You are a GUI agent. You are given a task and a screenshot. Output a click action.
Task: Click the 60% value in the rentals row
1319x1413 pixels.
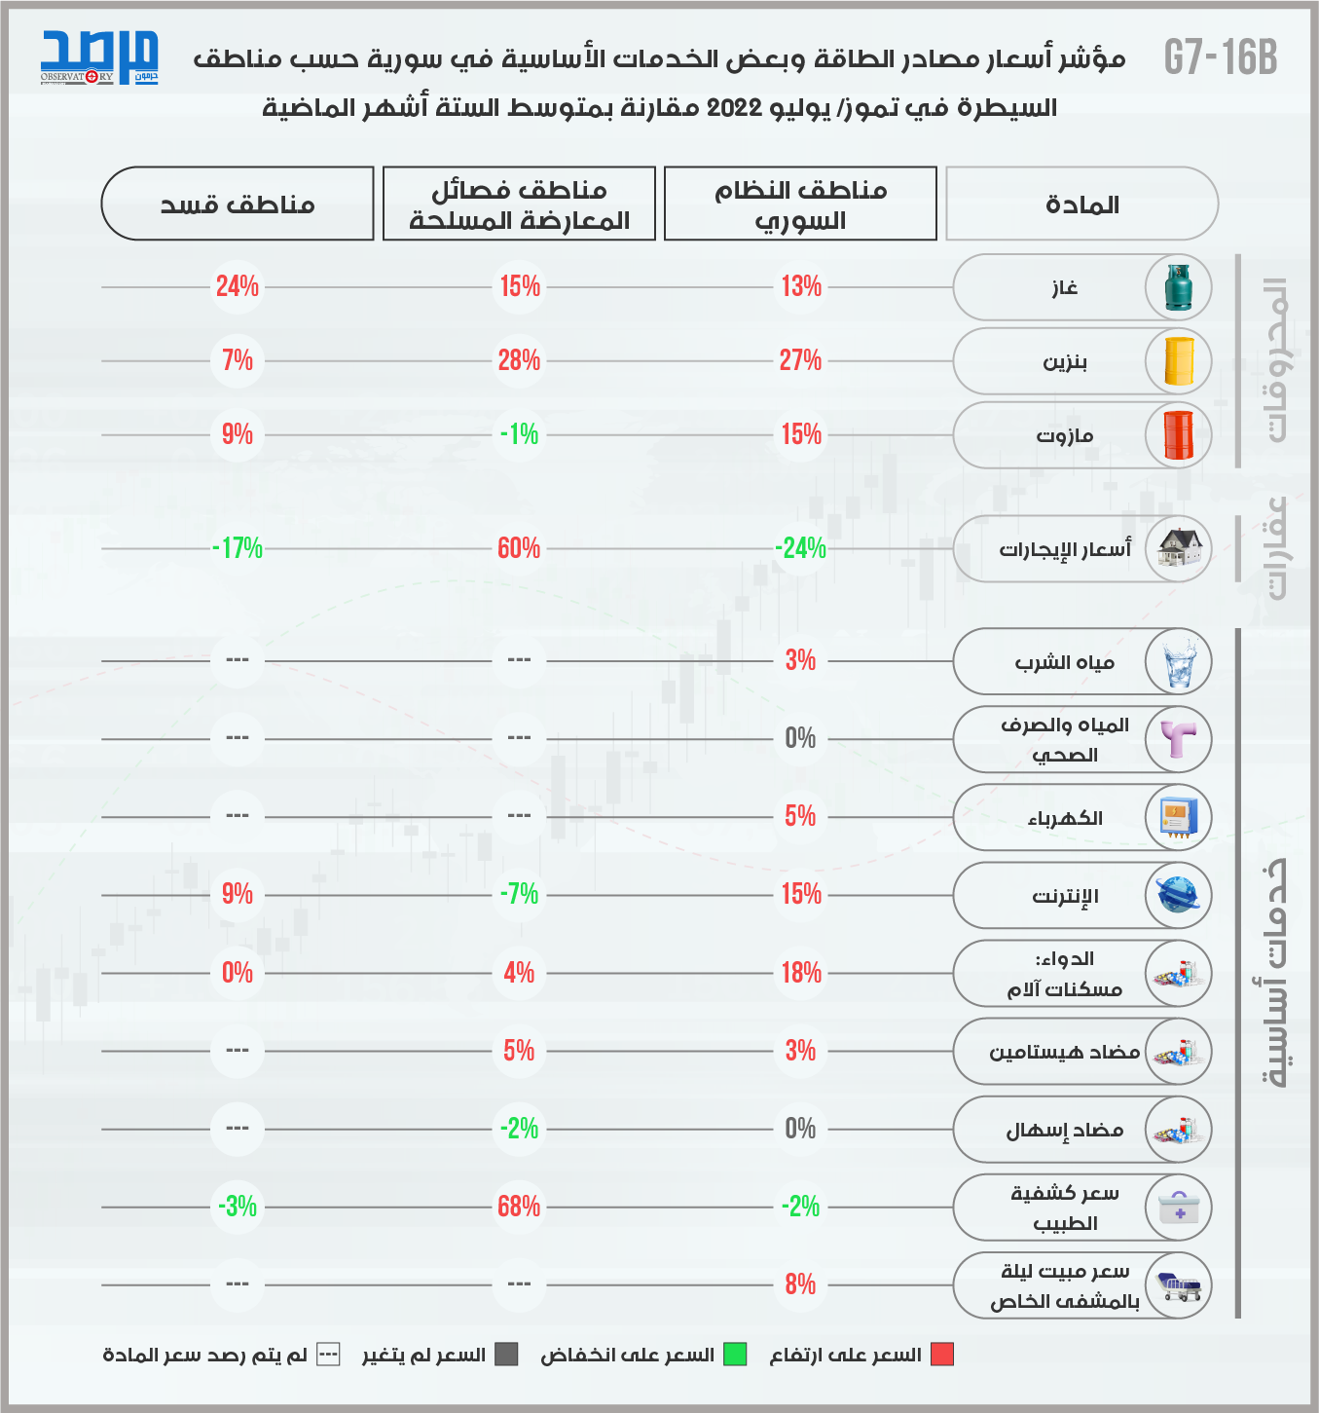click(519, 548)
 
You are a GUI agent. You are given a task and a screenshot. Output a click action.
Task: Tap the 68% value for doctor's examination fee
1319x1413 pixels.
click(519, 1207)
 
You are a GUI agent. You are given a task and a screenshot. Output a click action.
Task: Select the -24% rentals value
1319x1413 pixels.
click(800, 548)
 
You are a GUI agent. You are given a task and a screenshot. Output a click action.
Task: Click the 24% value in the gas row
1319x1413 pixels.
click(238, 286)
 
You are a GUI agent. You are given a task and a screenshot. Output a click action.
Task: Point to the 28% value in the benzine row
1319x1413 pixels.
click(519, 360)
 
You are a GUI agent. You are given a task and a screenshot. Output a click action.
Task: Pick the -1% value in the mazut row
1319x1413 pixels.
click(519, 434)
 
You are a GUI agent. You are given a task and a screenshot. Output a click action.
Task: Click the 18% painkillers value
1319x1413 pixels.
click(801, 973)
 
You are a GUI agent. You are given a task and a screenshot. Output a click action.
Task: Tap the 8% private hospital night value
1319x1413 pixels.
click(800, 1284)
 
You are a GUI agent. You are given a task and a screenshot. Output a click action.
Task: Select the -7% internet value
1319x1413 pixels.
click(519, 894)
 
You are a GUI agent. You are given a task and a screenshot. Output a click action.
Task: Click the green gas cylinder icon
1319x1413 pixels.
click(1179, 288)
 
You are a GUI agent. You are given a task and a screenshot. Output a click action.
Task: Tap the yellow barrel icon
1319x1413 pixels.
click(1179, 362)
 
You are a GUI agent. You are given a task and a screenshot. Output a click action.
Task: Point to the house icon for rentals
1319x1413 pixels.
click(1179, 549)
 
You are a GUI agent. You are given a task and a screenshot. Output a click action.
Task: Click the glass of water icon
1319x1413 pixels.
click(1179, 662)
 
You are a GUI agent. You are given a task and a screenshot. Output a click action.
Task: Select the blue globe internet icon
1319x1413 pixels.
click(1179, 895)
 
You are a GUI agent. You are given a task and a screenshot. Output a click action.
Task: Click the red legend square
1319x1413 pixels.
click(942, 1355)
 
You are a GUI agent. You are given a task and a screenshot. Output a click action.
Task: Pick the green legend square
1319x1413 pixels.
click(735, 1355)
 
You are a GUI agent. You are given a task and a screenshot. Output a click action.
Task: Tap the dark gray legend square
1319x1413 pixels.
click(506, 1355)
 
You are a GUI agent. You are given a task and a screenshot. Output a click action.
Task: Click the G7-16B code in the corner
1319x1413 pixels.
click(1221, 57)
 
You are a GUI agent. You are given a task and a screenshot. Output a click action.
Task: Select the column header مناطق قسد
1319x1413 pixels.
click(238, 204)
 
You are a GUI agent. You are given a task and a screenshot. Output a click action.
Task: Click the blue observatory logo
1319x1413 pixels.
click(99, 57)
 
